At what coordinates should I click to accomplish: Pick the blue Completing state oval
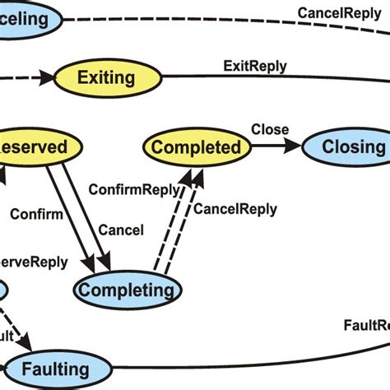point(127,290)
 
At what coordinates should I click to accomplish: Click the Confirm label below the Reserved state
point(37,216)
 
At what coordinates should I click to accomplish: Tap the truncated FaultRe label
point(365,324)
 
